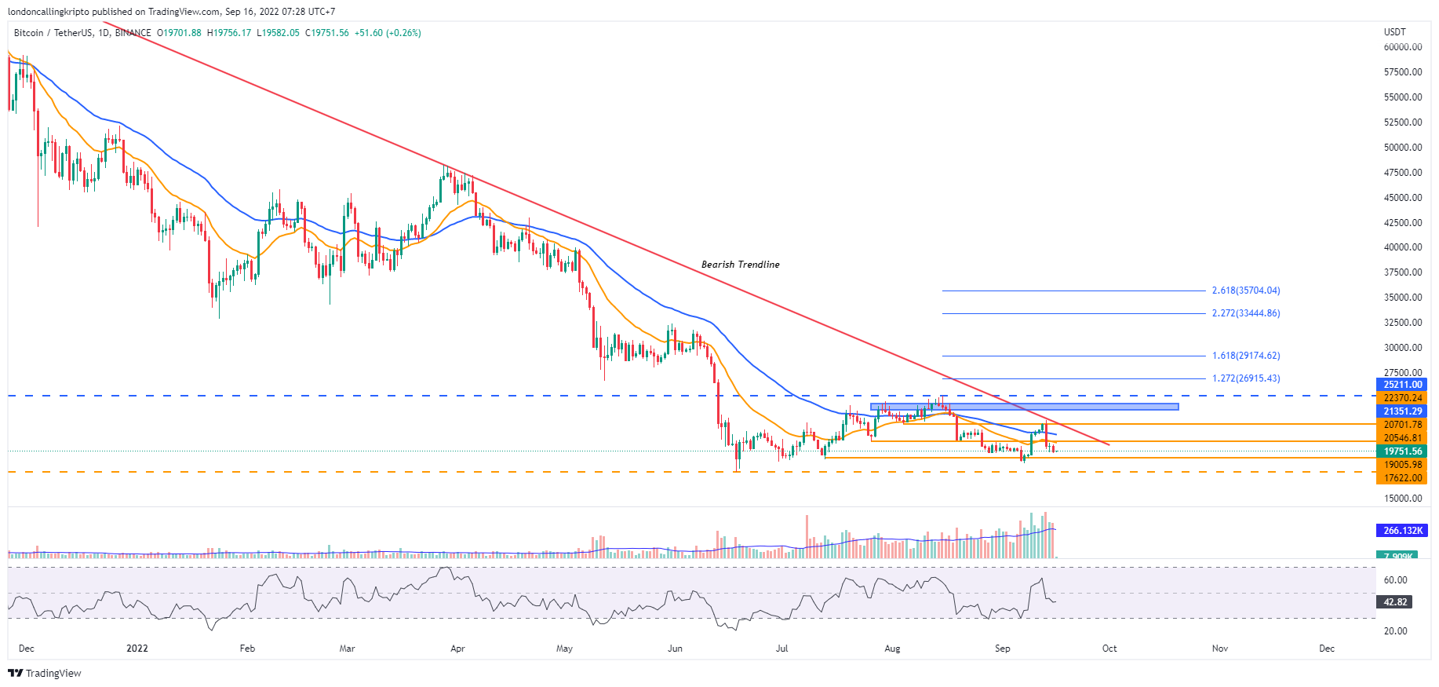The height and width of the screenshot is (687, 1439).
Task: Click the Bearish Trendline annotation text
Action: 740,265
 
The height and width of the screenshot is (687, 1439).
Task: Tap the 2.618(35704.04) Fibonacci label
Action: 1245,291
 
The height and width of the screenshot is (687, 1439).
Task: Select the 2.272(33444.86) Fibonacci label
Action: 1245,313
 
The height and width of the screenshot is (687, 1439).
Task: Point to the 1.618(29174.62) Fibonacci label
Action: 1245,356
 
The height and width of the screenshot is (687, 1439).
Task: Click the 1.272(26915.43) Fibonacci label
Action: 1245,378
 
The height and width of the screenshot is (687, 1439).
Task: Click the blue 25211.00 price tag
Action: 1402,385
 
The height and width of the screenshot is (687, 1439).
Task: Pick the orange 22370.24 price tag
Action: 1402,398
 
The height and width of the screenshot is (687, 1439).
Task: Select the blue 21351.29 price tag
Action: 1402,411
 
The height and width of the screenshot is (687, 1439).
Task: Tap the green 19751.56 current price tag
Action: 1402,451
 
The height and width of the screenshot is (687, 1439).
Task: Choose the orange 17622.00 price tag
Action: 1402,478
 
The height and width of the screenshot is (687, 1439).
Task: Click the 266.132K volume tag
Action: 1402,531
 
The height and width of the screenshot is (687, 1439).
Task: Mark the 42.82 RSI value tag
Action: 1395,602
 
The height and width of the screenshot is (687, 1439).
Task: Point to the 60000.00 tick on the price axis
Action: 1403,47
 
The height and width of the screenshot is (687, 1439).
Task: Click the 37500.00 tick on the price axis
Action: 1403,272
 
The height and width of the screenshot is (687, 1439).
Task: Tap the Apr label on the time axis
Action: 458,649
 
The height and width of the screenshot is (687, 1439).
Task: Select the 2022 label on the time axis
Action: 137,649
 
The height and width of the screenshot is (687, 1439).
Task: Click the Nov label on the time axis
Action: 1220,649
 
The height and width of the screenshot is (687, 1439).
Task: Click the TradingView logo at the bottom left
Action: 45,674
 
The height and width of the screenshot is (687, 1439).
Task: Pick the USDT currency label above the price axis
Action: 1395,32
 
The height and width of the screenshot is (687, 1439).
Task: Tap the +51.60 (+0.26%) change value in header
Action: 388,33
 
